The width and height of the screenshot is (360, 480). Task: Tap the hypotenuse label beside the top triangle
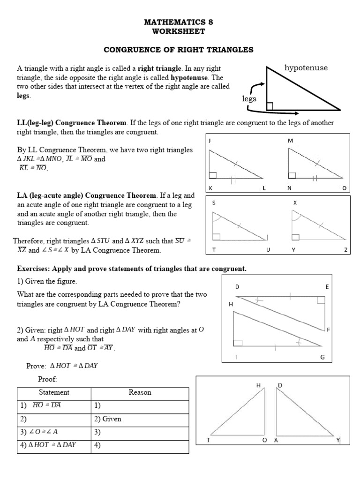[x=306, y=68]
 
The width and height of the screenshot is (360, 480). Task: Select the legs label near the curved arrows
[x=249, y=99]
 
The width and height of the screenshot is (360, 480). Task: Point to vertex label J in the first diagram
[x=210, y=141]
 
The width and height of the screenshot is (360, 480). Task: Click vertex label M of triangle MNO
[x=290, y=141]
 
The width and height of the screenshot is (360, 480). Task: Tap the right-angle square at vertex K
[x=213, y=175]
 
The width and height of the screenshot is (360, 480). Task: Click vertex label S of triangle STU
[x=214, y=203]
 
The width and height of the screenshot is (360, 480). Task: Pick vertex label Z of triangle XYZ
[x=345, y=250]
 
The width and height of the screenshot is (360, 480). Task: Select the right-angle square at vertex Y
[x=295, y=237]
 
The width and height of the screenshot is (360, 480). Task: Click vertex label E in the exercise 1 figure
[x=327, y=286]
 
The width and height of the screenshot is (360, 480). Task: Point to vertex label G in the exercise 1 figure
[x=322, y=357]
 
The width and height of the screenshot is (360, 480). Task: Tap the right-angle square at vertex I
[x=238, y=343]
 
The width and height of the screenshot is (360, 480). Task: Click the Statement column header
[x=54, y=392]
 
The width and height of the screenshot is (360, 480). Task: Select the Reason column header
[x=140, y=392]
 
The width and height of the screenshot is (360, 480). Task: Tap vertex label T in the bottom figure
[x=209, y=440]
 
